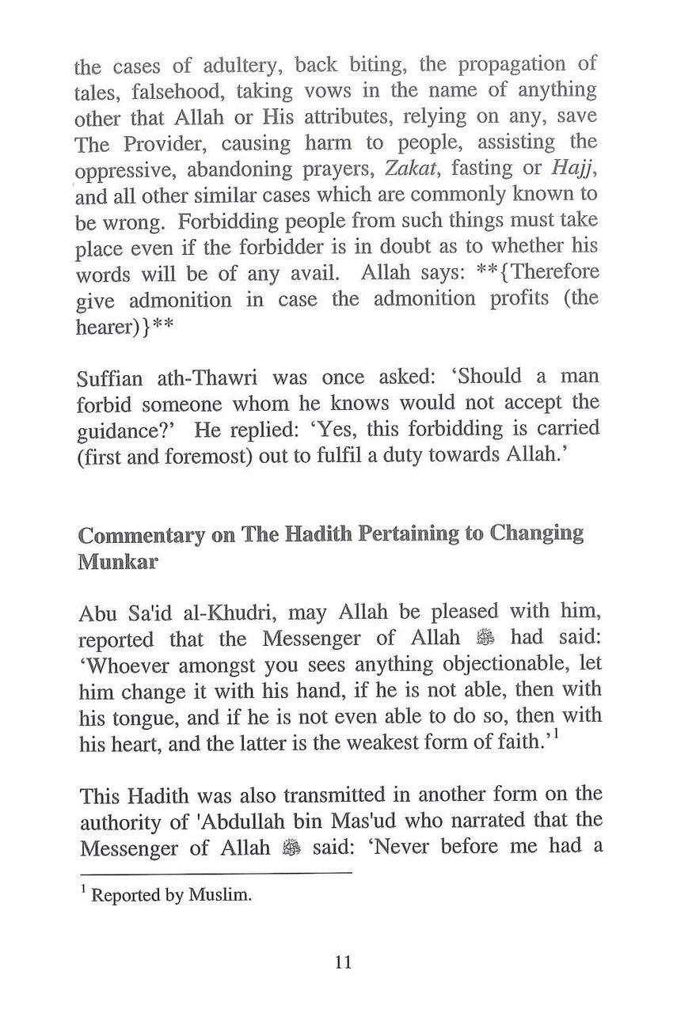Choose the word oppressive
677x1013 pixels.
coord(131,169)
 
